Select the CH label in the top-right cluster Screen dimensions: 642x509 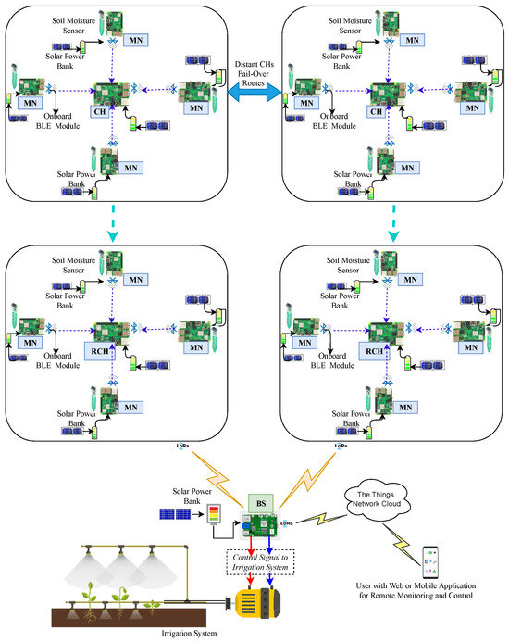[x=377, y=111]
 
